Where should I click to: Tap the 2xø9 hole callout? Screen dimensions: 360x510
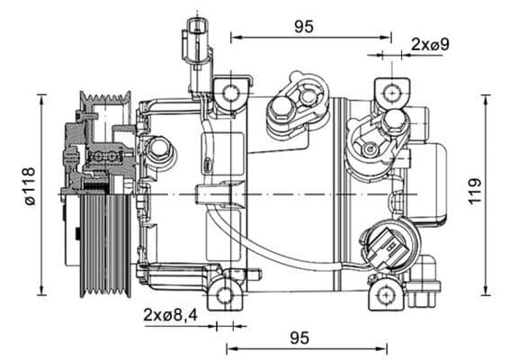(x=430, y=43)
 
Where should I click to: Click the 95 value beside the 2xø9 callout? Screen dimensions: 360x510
(x=304, y=26)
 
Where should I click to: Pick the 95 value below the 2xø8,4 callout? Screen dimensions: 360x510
(x=300, y=337)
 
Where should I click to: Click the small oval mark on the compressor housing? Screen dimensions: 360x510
(x=206, y=164)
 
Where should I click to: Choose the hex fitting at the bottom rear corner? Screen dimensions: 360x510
(x=425, y=283)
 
